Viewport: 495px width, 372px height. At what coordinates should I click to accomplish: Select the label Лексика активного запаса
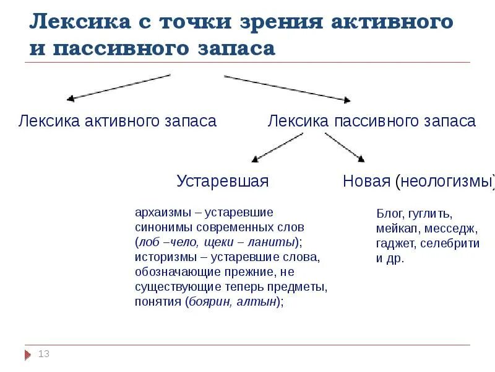tap(118, 121)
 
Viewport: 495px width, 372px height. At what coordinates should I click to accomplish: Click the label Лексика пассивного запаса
tap(371, 121)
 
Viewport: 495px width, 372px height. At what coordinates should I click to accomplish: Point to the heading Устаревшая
tap(223, 181)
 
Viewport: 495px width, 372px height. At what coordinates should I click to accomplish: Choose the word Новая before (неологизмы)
tap(366, 181)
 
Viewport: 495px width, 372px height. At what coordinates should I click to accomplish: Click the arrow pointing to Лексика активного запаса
tap(118, 87)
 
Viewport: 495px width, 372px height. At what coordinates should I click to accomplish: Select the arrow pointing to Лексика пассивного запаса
tap(288, 87)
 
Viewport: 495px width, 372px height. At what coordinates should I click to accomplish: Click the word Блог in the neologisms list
tap(388, 214)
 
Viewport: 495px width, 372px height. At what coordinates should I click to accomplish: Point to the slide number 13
tap(43, 354)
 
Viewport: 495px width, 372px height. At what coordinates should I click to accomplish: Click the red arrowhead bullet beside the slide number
tap(27, 355)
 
